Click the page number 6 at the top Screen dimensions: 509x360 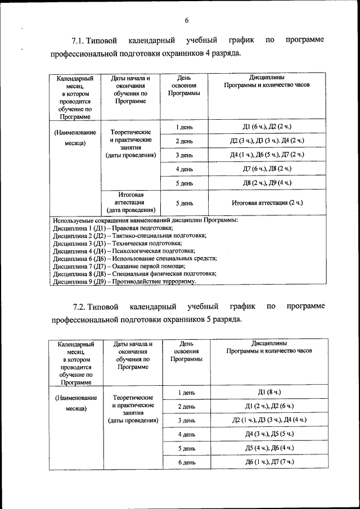coord(186,21)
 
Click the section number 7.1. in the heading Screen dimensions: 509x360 coord(82,41)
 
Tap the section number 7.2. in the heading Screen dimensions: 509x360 coord(83,307)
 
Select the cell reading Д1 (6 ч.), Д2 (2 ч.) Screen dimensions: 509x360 coord(267,127)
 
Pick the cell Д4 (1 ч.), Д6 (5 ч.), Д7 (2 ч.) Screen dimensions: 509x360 coord(267,155)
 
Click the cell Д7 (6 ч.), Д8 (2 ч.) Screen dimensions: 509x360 coord(267,169)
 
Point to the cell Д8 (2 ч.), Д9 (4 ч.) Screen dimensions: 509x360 coord(267,183)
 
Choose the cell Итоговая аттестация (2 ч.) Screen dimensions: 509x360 coord(267,202)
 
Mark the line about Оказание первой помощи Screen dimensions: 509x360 coord(119,266)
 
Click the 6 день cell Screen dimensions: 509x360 coord(186,462)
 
